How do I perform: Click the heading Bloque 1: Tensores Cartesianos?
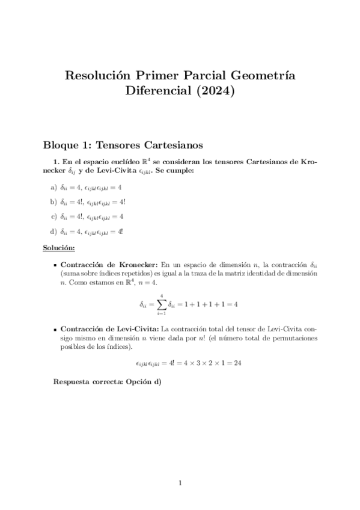(123, 145)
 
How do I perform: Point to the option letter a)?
(54, 188)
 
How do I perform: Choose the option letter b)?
(54, 202)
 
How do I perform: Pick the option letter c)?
(54, 217)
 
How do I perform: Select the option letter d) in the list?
(54, 231)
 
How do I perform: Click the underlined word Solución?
(58, 248)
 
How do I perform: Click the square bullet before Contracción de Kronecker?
(55, 264)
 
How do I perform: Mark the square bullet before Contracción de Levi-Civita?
(55, 330)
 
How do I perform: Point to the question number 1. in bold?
(57, 162)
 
